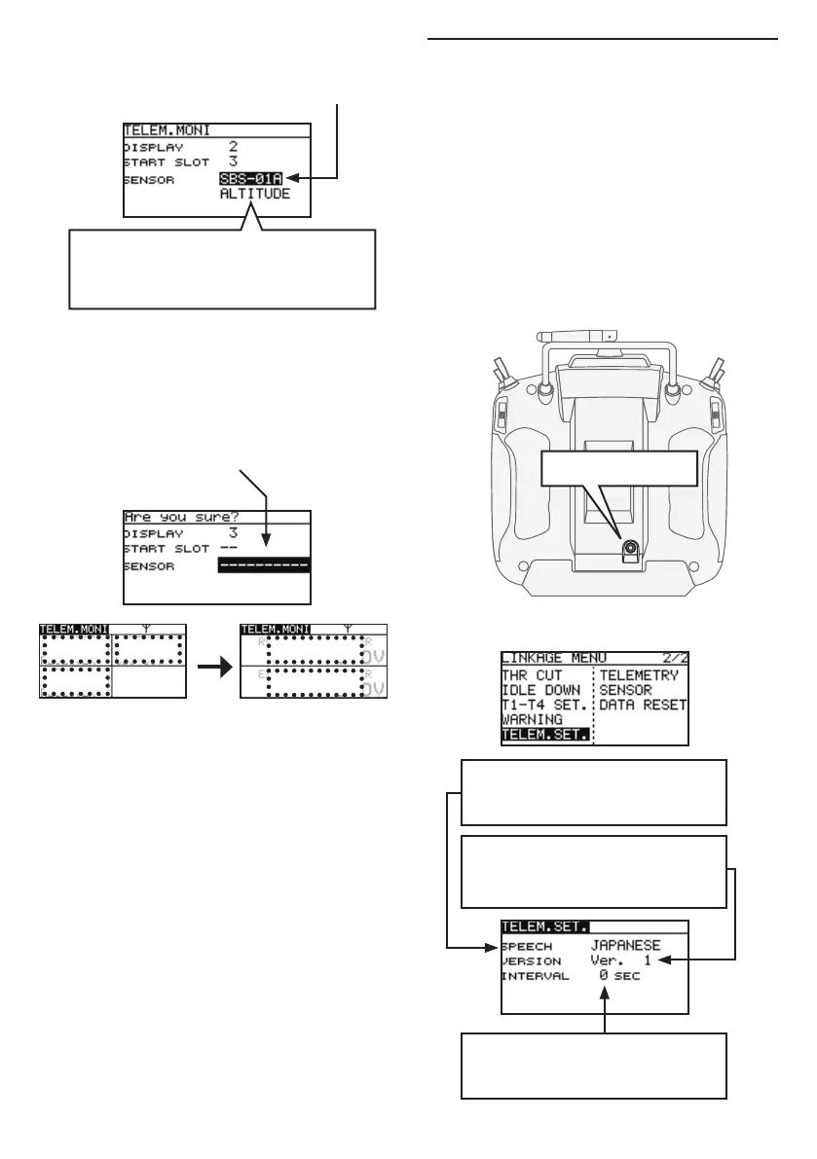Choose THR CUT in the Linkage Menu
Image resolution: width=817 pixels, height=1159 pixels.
tap(533, 673)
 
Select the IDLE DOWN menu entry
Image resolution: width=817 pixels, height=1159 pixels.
tap(541, 689)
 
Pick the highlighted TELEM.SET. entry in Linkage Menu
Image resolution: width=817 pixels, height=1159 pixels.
tap(546, 736)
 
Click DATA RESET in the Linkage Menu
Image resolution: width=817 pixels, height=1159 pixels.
tap(643, 705)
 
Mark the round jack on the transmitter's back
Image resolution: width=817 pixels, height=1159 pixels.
tap(630, 548)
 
